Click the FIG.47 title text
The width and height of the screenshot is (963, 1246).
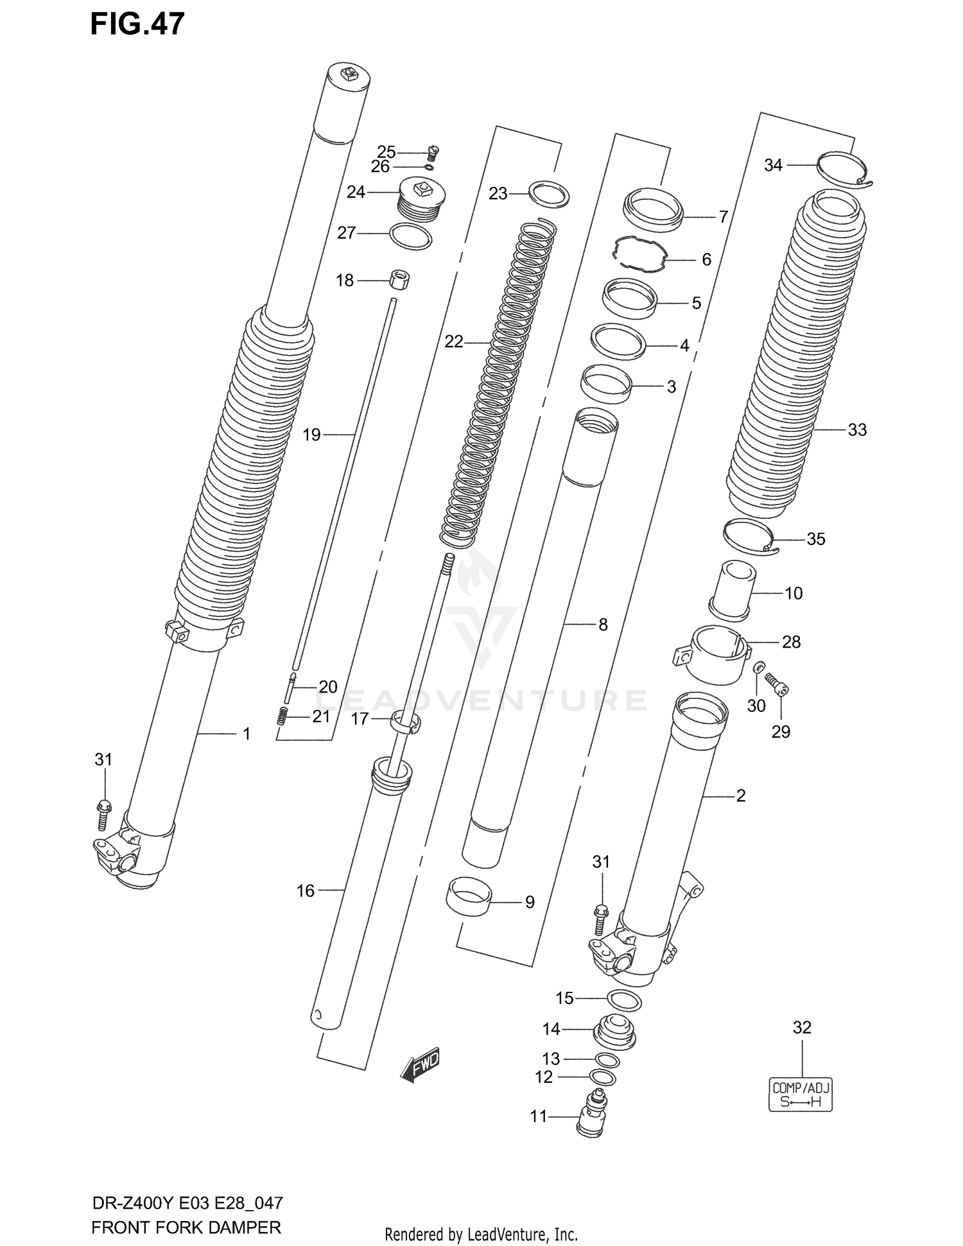(x=137, y=24)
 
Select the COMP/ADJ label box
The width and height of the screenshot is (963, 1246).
(x=801, y=1095)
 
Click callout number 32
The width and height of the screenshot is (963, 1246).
(x=802, y=1027)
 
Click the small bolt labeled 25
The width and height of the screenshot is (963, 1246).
(x=433, y=153)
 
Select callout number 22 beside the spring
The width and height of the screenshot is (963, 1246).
(x=453, y=342)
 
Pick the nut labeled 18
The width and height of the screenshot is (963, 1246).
(x=400, y=280)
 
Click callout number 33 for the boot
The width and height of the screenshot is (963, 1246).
(x=857, y=429)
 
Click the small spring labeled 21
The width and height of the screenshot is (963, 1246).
(x=281, y=716)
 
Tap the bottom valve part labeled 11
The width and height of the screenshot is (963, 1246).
(x=591, y=1116)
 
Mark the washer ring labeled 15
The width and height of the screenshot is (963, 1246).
(x=623, y=999)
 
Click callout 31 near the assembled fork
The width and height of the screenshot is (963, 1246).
(x=103, y=759)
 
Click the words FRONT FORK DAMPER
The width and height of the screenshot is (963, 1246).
(x=186, y=1227)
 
